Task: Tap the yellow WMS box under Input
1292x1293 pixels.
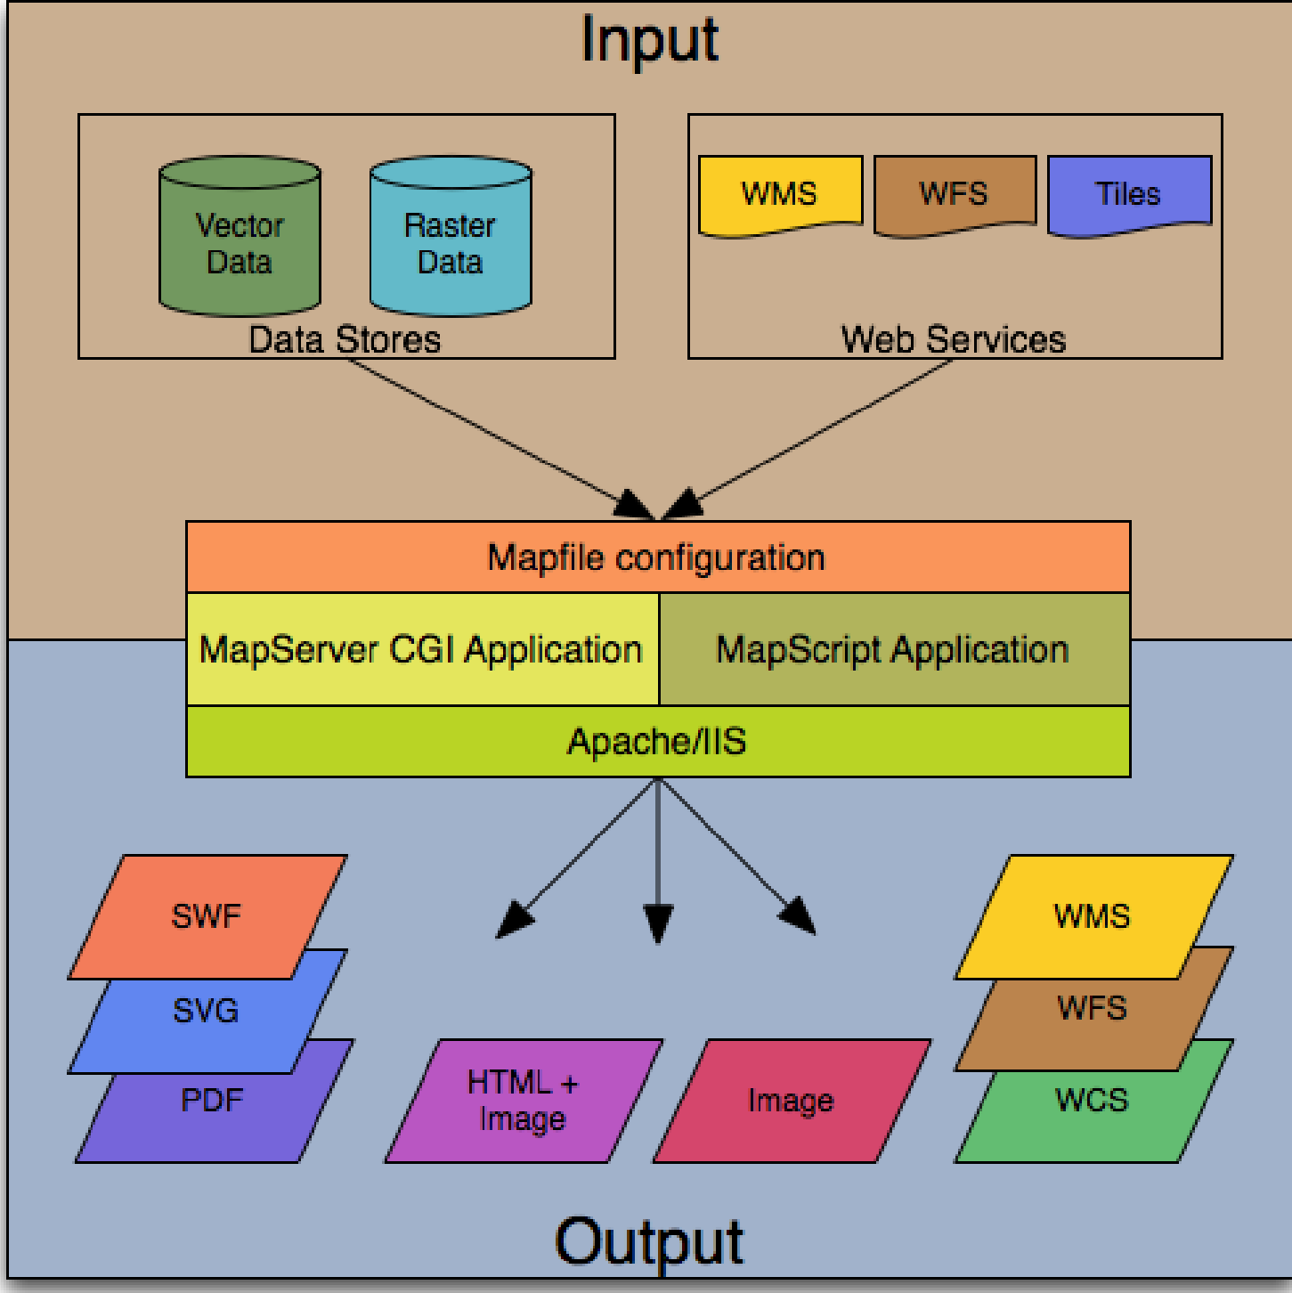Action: click(780, 193)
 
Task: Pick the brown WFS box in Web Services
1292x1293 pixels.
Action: click(955, 193)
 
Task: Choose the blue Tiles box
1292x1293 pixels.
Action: click(1129, 193)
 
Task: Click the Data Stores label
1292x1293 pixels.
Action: click(345, 339)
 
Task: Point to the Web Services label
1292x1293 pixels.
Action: click(954, 339)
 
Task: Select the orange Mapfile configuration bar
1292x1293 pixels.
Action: click(657, 557)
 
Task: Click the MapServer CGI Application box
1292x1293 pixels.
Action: click(422, 649)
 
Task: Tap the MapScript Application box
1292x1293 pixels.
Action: click(893, 649)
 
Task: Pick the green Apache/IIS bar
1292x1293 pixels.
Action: click(657, 742)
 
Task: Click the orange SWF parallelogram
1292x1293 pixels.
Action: click(207, 916)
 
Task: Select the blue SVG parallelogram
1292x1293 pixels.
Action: click(207, 1010)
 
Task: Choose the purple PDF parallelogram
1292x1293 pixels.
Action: click(212, 1101)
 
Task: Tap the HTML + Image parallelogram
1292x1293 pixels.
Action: click(524, 1101)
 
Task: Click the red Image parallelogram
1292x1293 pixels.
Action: click(792, 1101)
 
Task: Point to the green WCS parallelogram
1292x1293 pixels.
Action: click(1093, 1101)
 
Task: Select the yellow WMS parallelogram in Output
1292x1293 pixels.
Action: click(1093, 916)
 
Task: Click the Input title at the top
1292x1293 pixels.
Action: click(649, 40)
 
